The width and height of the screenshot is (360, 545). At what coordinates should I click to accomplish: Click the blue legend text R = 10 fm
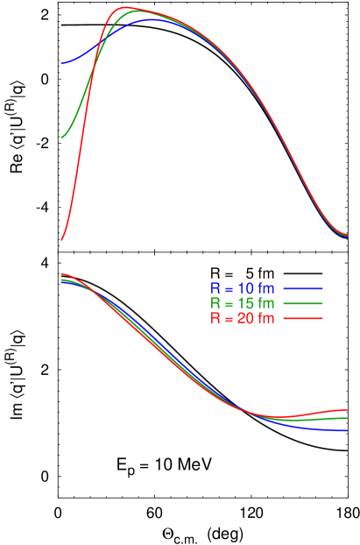242,288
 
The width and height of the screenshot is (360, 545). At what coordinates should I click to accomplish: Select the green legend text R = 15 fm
242,303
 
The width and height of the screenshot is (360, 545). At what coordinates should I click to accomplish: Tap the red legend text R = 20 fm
242,318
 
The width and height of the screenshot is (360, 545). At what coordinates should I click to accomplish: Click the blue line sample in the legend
303,288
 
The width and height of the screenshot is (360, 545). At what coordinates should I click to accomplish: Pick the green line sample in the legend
303,303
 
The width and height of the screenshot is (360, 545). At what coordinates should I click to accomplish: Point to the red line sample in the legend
303,318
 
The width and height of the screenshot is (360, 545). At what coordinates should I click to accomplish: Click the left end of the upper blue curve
61,64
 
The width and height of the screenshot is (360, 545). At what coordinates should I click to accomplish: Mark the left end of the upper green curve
61,138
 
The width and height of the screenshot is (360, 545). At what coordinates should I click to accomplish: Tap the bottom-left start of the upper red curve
61,238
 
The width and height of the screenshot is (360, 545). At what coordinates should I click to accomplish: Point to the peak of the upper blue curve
153,19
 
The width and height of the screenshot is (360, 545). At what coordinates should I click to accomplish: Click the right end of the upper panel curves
347,235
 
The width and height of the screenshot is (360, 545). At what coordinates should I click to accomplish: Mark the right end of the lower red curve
347,409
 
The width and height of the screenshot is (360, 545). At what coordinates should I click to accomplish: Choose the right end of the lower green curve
347,418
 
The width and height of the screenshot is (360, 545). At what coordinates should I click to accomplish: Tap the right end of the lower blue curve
347,430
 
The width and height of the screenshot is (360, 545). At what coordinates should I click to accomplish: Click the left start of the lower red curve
61,274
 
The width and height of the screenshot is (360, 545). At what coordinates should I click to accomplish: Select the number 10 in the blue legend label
245,288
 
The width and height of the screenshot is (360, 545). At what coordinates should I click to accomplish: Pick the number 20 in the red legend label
245,318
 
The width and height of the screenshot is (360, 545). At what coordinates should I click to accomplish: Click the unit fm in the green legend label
266,303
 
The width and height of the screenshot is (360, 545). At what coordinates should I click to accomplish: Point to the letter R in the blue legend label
215,288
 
